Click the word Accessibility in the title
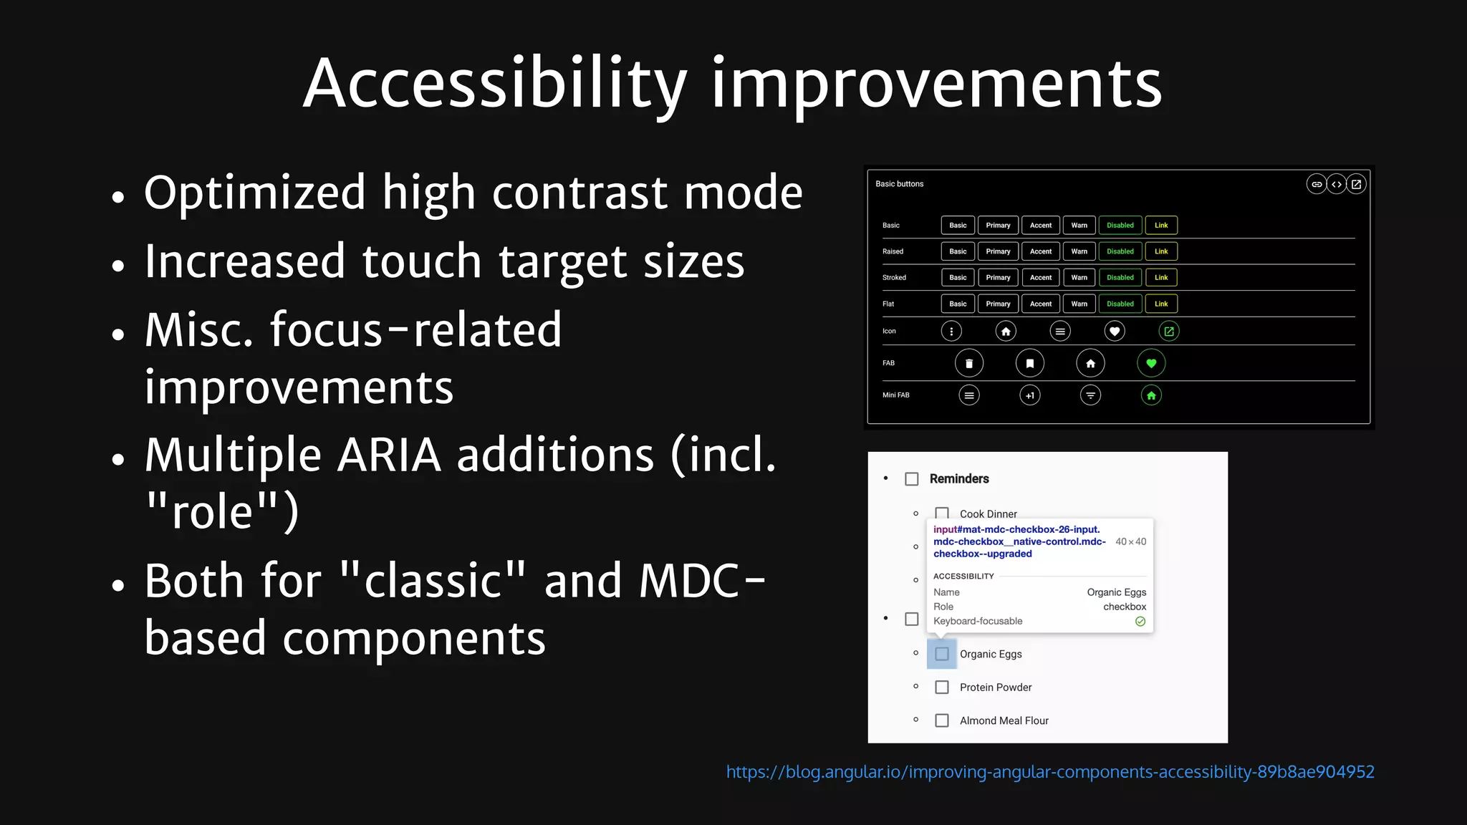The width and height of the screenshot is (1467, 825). click(x=494, y=85)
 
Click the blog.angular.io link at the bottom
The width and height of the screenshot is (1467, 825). click(x=1049, y=772)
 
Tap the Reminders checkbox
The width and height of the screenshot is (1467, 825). click(x=911, y=479)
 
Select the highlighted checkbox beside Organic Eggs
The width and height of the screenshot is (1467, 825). click(x=942, y=654)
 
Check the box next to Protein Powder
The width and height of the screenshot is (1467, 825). click(x=942, y=687)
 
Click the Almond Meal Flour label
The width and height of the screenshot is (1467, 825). click(x=1004, y=720)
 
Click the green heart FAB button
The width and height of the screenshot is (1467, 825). click(x=1151, y=363)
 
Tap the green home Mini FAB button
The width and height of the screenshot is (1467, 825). click(x=1151, y=395)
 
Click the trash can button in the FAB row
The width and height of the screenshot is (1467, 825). click(x=968, y=363)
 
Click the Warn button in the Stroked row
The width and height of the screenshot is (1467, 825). click(x=1079, y=278)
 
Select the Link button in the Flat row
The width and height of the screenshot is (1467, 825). click(x=1160, y=304)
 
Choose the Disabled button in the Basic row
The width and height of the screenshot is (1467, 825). click(x=1120, y=226)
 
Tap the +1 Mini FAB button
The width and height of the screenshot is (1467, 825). click(x=1029, y=395)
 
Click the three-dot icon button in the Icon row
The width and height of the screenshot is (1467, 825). click(x=951, y=331)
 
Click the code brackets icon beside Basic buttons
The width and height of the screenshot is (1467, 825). click(x=1336, y=184)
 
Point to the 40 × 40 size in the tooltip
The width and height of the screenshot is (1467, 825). click(x=1130, y=541)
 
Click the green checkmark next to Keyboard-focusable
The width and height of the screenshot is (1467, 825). click(x=1140, y=622)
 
